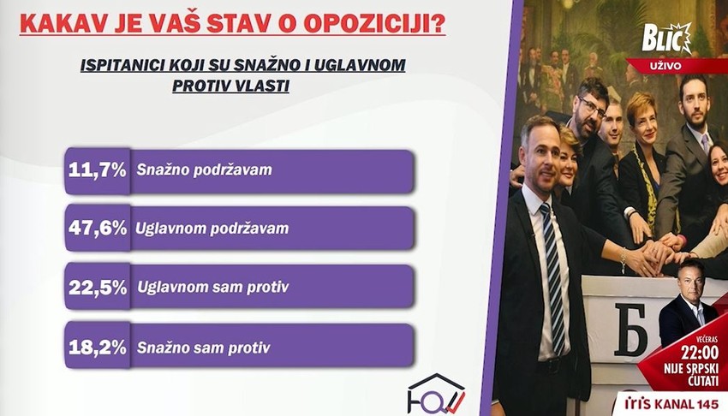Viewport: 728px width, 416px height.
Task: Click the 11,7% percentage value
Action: click(98, 170)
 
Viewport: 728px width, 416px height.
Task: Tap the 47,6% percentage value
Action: click(98, 229)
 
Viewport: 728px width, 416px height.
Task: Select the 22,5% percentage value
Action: click(98, 288)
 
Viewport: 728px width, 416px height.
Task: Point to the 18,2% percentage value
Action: click(98, 348)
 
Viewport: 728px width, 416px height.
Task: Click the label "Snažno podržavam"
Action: click(204, 170)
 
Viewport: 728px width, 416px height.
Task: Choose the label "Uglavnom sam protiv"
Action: click(208, 288)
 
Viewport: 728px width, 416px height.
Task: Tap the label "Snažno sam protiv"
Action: click(203, 348)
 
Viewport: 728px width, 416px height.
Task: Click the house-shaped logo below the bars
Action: click(435, 393)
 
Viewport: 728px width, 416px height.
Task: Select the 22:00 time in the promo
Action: click(679, 352)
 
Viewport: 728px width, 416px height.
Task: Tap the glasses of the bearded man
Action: click(592, 107)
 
